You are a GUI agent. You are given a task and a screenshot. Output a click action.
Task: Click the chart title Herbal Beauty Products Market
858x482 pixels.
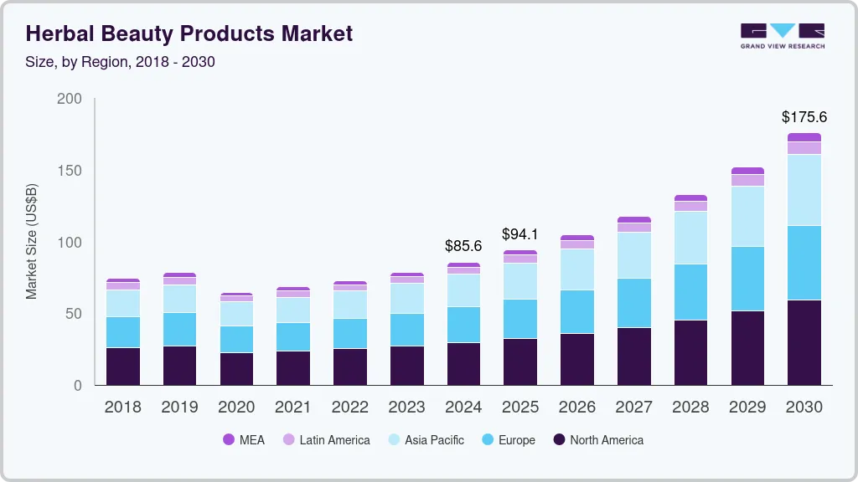tap(189, 33)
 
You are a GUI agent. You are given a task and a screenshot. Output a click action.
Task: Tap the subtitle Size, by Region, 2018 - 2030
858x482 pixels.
tap(121, 62)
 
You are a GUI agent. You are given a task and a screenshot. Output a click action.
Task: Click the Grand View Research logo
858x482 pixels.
tap(782, 36)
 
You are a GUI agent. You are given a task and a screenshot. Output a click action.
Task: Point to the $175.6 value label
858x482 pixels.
tap(804, 117)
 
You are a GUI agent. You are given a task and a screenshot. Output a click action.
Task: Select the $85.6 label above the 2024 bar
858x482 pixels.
tap(463, 247)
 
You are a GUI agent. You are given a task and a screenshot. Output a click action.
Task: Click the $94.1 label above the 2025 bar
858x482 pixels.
tap(520, 234)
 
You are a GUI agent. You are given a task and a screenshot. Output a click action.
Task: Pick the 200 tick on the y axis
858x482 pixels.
tap(70, 99)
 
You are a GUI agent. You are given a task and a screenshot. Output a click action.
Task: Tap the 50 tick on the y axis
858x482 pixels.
tap(74, 314)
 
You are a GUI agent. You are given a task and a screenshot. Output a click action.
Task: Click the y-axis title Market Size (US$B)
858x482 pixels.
tap(32, 241)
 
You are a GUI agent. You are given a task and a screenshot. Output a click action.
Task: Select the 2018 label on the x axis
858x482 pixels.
tap(122, 408)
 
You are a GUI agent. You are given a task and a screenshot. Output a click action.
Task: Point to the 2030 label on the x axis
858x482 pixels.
tap(804, 408)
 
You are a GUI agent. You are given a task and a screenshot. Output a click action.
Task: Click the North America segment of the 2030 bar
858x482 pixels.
tap(804, 342)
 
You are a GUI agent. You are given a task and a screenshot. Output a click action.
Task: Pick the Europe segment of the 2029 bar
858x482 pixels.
tap(747, 279)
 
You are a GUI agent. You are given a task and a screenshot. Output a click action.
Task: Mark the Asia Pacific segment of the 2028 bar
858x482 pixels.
tap(690, 238)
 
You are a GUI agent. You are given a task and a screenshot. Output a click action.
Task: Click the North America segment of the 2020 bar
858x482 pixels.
tap(236, 369)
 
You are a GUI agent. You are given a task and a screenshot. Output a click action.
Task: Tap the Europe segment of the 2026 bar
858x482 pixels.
tap(577, 312)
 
